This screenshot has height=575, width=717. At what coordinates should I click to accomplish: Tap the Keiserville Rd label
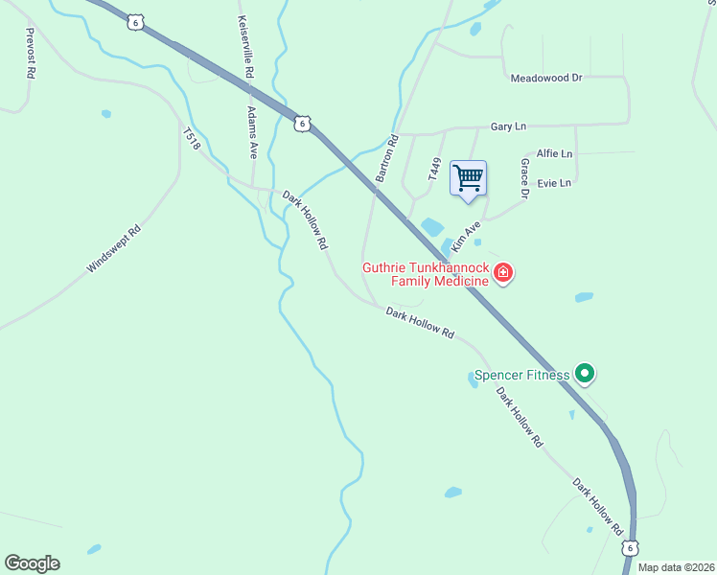pyautogui.click(x=246, y=47)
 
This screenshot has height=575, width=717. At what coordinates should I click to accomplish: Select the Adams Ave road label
pyautogui.click(x=252, y=131)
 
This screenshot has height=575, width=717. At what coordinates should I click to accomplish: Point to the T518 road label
pyautogui.click(x=191, y=140)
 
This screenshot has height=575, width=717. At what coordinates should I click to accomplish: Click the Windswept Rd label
pyautogui.click(x=113, y=249)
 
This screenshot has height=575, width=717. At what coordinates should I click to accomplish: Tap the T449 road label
pyautogui.click(x=433, y=171)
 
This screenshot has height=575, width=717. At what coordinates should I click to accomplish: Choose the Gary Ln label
pyautogui.click(x=508, y=126)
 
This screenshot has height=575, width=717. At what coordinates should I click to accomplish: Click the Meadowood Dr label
pyautogui.click(x=546, y=78)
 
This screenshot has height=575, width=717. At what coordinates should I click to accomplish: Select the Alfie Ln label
pyautogui.click(x=554, y=153)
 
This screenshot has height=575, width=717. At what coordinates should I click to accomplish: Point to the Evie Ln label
pyautogui.click(x=554, y=182)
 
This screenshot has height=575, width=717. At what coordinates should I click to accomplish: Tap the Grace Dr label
pyautogui.click(x=524, y=179)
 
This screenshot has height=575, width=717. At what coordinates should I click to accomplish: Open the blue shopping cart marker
pyautogui.click(x=468, y=178)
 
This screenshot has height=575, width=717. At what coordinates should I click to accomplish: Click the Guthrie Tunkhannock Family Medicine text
pyautogui.click(x=424, y=274)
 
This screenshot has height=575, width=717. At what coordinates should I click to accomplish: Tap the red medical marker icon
pyautogui.click(x=503, y=275)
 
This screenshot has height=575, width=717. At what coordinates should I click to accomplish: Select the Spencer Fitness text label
pyautogui.click(x=521, y=375)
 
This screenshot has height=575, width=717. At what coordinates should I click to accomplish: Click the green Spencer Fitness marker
pyautogui.click(x=584, y=375)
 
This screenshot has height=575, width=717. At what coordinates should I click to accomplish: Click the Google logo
pyautogui.click(x=32, y=563)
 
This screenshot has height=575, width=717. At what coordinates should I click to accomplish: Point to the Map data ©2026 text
pyautogui.click(x=676, y=567)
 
